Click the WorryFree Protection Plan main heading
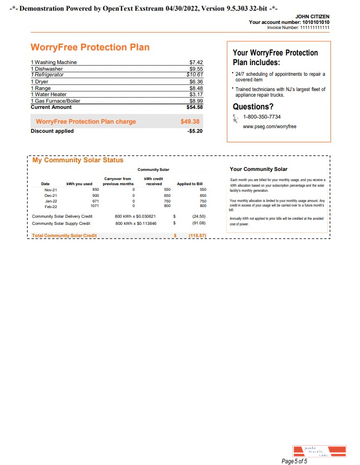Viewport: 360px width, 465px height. pos(90,47)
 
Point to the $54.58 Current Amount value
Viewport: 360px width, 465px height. pos(195,107)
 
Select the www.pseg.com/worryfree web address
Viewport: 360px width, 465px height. pos(269,127)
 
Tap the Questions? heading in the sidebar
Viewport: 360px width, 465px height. pos(253,107)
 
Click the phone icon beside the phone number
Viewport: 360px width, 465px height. pos(236,119)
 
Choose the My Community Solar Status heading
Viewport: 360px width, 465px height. pos(78,160)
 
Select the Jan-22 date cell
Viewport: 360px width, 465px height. pos(51,200)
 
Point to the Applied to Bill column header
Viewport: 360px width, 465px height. pos(189,184)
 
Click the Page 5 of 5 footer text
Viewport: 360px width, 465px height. pos(294,461)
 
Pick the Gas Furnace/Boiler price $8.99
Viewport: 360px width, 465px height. pos(196,101)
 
